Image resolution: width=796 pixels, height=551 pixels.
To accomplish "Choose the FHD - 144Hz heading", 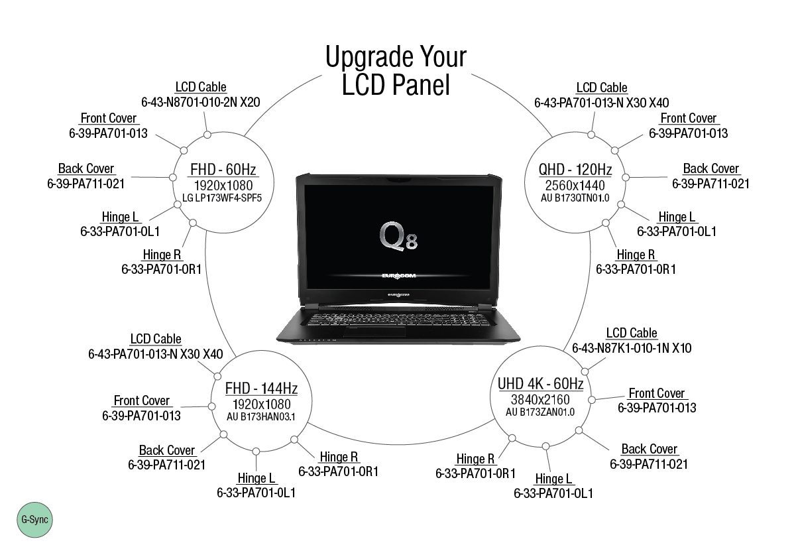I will (x=261, y=388).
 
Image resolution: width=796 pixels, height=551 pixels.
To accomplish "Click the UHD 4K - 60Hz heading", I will (x=540, y=384).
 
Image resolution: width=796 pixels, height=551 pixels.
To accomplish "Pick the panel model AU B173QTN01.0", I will (x=575, y=198).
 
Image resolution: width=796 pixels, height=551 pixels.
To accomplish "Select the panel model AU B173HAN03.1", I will (x=260, y=416).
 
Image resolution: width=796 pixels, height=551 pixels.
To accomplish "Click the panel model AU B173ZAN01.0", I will (x=540, y=412).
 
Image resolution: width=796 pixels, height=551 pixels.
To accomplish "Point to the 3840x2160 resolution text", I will (x=540, y=399).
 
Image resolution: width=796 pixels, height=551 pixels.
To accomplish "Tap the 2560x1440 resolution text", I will (x=575, y=185).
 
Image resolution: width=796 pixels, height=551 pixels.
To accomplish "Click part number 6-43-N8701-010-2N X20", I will (x=200, y=102).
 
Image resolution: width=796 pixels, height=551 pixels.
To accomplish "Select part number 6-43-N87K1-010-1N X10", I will (x=632, y=347).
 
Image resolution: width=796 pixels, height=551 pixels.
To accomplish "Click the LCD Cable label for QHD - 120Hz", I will (x=602, y=88).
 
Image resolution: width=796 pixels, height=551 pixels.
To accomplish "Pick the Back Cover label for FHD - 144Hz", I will (x=167, y=450).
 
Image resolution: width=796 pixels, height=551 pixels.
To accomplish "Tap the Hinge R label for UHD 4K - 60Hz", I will (x=475, y=459).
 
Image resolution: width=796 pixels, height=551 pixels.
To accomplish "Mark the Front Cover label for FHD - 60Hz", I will (x=109, y=118).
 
